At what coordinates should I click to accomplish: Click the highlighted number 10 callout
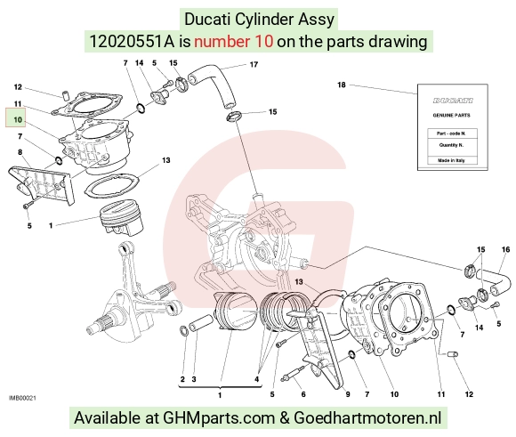[x=18, y=120]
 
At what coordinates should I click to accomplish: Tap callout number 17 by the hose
[x=254, y=65]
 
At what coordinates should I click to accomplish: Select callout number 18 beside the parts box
[x=342, y=85]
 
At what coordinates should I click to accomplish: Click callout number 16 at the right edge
[x=505, y=249]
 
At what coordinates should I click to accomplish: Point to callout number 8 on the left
[x=20, y=152]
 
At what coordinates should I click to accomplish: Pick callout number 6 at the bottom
[x=303, y=394]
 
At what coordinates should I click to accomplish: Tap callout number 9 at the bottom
[x=348, y=394]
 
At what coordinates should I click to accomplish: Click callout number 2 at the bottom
[x=182, y=379]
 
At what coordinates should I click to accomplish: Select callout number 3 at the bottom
[x=194, y=379]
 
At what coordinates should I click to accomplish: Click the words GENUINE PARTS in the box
[x=451, y=116]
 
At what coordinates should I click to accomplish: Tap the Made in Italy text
[x=451, y=160]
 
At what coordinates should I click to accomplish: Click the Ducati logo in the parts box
[x=453, y=101]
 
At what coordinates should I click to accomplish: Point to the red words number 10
[x=233, y=42]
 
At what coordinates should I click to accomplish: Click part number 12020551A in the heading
[x=132, y=42]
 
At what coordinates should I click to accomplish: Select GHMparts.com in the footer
[x=219, y=418]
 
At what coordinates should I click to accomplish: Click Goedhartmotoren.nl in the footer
[x=367, y=418]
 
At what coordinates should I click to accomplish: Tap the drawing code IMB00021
[x=22, y=398]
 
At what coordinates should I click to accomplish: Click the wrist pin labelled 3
[x=202, y=323]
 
